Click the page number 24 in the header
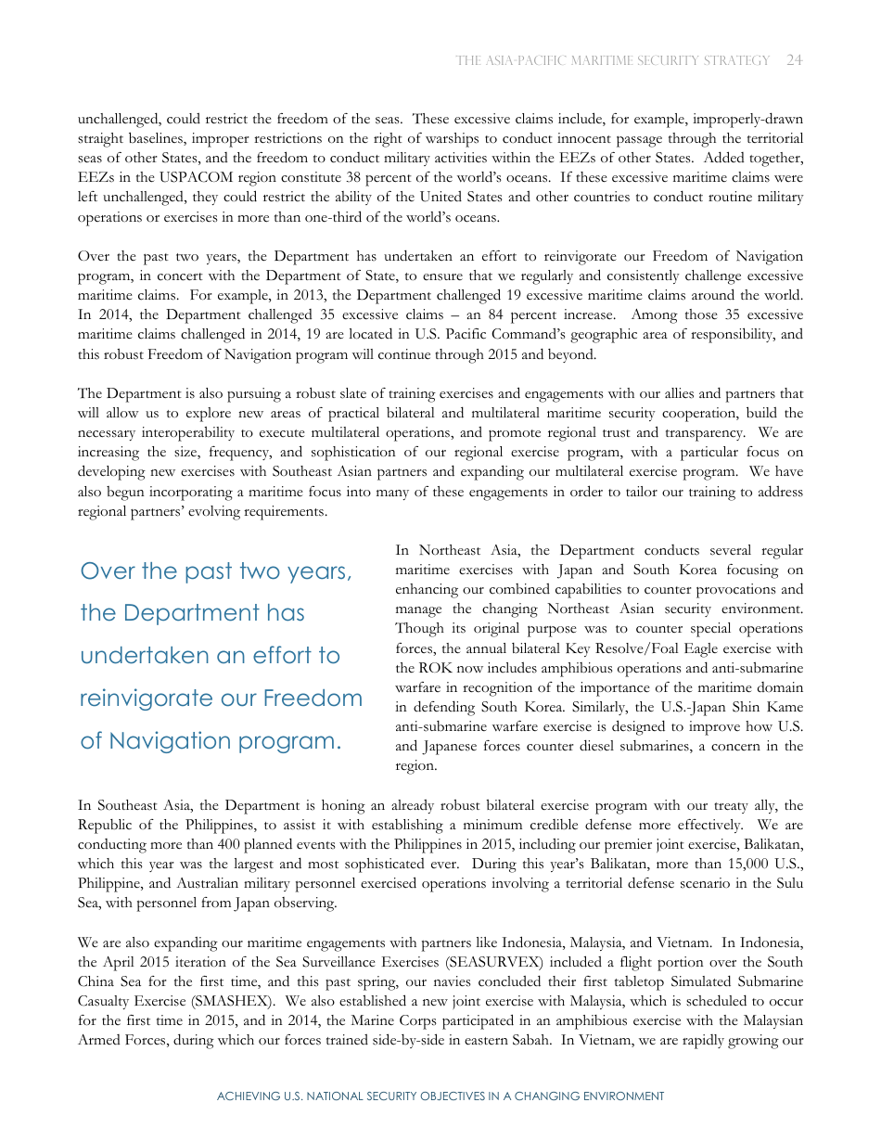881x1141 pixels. pyautogui.click(x=794, y=60)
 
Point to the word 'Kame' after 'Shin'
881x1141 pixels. pyautogui.click(x=784, y=707)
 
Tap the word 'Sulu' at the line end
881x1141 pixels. pyautogui.click(x=787, y=883)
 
